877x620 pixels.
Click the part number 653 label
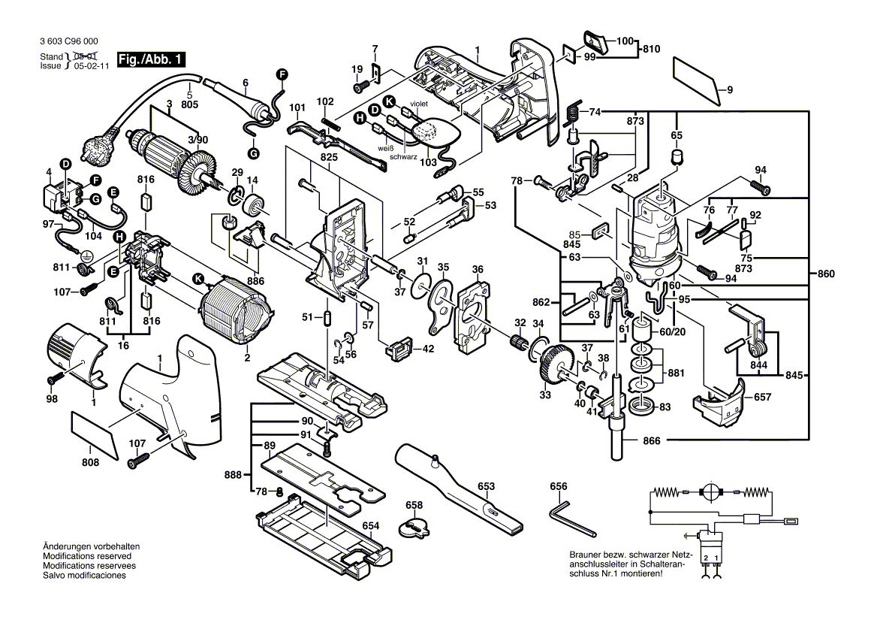[487, 486]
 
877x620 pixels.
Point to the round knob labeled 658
[414, 526]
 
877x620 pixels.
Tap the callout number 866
[652, 440]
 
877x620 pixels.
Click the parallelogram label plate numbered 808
[95, 435]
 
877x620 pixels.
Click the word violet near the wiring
[418, 104]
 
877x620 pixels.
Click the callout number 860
[825, 275]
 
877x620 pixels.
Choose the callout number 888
[233, 474]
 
